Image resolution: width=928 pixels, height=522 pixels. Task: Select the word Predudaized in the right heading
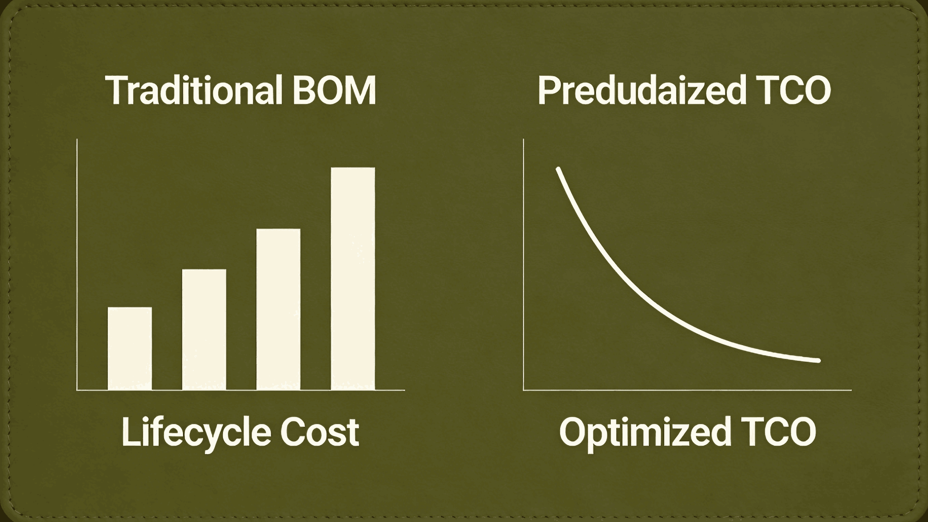pyautogui.click(x=641, y=90)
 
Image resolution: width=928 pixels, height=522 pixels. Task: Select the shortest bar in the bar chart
pyautogui.click(x=130, y=348)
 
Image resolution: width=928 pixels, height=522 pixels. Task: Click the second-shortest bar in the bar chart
pyautogui.click(x=204, y=330)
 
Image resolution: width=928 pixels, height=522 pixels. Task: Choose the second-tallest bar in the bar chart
pyautogui.click(x=278, y=309)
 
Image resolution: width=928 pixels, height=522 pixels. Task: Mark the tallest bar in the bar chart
pyautogui.click(x=353, y=278)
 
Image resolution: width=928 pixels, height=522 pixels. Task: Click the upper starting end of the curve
pyautogui.click(x=558, y=169)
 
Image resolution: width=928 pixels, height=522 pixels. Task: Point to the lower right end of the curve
pyautogui.click(x=819, y=360)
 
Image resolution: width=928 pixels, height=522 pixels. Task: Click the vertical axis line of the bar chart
pyautogui.click(x=77, y=263)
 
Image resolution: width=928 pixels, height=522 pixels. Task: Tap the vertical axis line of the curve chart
pyautogui.click(x=523, y=263)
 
